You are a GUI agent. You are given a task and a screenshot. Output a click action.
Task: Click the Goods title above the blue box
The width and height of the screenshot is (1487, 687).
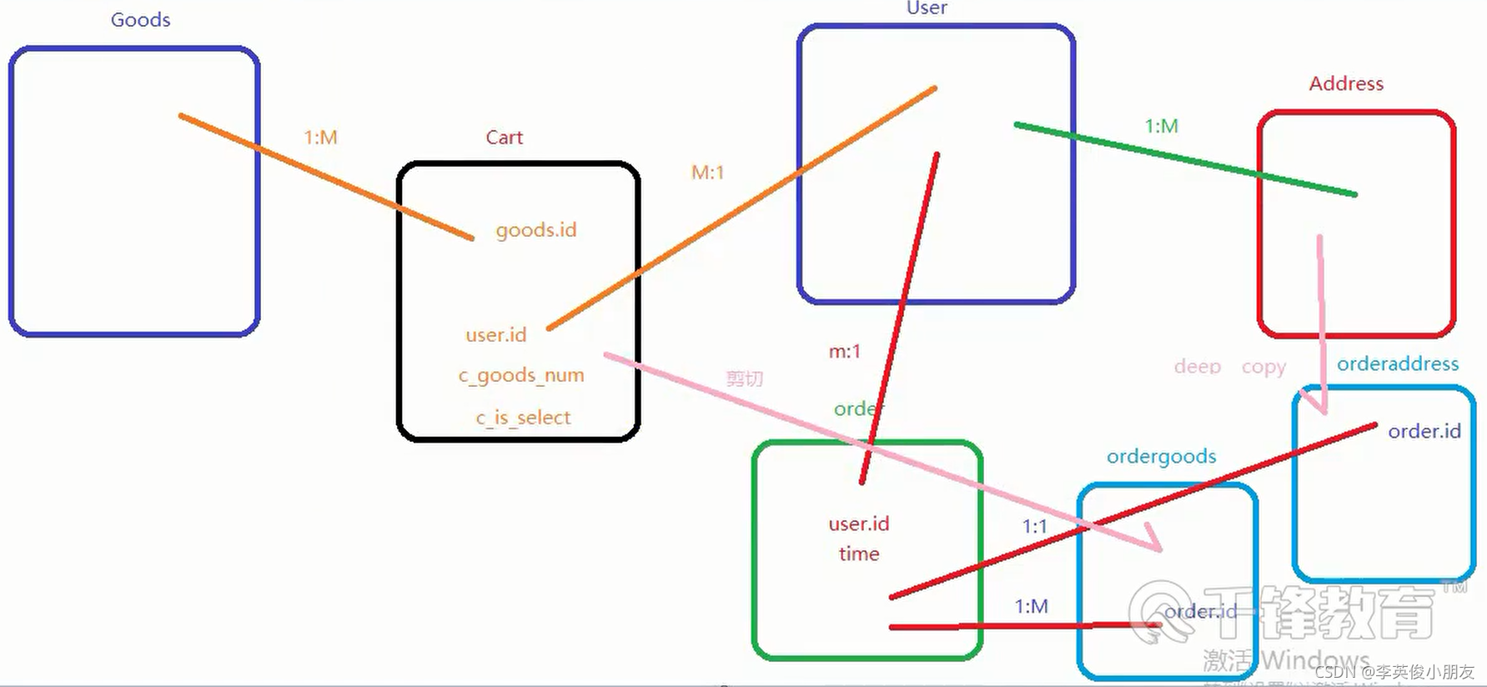pos(140,20)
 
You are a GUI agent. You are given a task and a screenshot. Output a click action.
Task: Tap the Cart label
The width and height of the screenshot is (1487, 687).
pos(504,138)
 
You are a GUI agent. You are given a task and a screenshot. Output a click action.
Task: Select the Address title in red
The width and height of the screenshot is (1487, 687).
pos(1345,84)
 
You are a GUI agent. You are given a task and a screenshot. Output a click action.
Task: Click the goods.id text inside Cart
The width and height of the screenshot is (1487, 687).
pos(535,230)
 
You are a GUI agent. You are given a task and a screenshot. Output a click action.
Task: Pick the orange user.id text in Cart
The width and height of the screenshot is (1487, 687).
pos(495,335)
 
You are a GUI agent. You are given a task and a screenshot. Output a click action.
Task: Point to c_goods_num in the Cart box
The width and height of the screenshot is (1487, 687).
pos(521,376)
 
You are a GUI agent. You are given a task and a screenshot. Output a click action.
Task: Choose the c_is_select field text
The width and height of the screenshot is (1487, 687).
pos(523,418)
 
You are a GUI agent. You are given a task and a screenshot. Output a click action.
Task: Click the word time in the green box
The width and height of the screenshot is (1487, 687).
pos(858,554)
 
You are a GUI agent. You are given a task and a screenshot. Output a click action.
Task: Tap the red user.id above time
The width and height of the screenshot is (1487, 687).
pos(858,524)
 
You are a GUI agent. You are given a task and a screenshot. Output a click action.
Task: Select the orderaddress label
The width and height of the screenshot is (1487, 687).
pos(1397,364)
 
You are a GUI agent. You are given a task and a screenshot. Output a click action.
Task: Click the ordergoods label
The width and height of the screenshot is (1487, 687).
pos(1161,457)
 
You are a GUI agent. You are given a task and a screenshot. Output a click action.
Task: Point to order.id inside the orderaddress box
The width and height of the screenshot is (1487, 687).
pos(1424,432)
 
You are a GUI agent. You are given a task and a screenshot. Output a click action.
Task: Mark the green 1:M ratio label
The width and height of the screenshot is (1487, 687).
pos(1161,127)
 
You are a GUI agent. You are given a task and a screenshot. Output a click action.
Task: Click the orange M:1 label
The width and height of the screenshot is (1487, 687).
pos(707,173)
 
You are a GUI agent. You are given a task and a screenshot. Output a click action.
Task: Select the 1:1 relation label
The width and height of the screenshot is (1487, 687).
pos(1034,527)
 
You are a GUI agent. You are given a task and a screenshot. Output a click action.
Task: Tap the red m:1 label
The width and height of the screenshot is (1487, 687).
pos(844,352)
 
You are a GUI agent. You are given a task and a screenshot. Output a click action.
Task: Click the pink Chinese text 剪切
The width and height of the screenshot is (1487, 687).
pos(744,379)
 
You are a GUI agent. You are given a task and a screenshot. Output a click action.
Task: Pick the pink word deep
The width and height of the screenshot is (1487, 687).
pos(1197,367)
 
